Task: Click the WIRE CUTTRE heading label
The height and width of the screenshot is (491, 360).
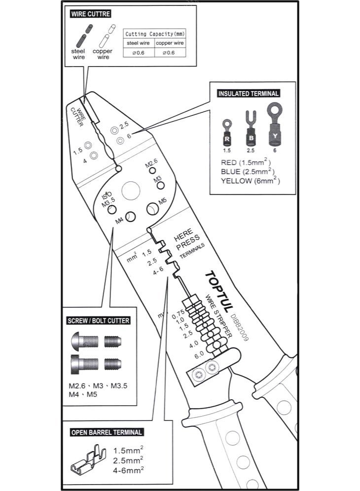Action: coord(90,14)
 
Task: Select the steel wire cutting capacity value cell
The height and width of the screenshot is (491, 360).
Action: coord(139,53)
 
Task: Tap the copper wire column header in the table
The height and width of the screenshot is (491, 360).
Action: coord(170,43)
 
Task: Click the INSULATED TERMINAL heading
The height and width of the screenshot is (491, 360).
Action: coord(248,93)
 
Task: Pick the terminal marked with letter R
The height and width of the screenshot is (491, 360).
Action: coord(227,133)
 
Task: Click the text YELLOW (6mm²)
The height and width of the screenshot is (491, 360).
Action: coord(251,180)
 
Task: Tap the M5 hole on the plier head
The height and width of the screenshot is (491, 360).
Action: coord(152,209)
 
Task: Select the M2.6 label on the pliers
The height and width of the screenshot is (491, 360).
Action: coord(151,163)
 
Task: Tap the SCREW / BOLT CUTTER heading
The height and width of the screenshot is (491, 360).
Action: coord(98,320)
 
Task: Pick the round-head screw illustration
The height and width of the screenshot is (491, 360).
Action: coord(85,340)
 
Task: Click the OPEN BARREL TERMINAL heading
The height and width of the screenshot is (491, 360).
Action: coord(107,432)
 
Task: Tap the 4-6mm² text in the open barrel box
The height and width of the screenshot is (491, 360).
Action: coord(128,470)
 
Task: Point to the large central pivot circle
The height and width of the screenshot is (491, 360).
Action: coord(131,190)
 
